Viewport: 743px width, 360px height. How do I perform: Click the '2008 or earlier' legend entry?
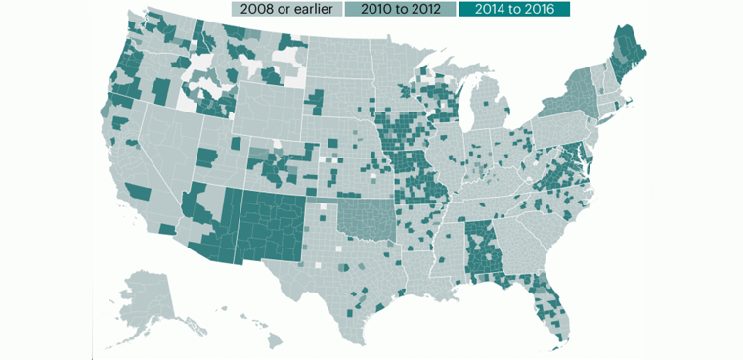284,9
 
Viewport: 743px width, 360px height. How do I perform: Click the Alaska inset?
147,293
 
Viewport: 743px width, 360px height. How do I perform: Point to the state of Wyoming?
262,112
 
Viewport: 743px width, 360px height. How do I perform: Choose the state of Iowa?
401,132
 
